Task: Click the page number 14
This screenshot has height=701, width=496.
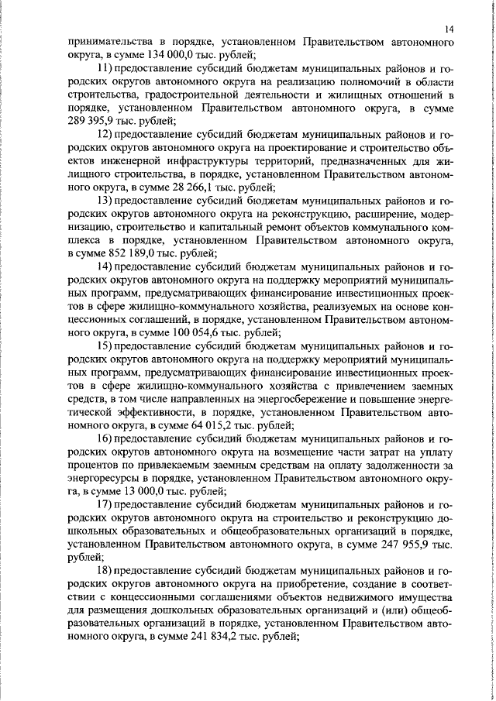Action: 449,29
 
